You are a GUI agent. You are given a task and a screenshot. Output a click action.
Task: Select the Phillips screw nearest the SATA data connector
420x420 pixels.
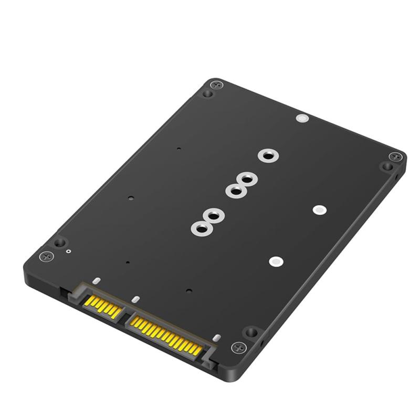(x=47, y=257)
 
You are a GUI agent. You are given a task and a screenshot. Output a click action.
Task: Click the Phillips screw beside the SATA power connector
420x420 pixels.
(x=239, y=347)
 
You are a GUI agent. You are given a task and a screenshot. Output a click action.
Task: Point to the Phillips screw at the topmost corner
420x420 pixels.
(x=215, y=85)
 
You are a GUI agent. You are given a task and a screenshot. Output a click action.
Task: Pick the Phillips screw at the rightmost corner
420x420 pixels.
(x=395, y=157)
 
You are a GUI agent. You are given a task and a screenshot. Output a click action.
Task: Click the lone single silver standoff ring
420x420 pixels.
(x=268, y=155)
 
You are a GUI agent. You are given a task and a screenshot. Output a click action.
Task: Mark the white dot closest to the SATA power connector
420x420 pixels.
(x=276, y=261)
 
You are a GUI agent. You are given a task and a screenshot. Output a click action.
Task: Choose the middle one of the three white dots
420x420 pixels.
(x=318, y=209)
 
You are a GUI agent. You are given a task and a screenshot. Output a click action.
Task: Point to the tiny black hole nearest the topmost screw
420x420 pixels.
(x=179, y=149)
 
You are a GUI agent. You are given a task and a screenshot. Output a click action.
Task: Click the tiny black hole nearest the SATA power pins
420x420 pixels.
(x=189, y=290)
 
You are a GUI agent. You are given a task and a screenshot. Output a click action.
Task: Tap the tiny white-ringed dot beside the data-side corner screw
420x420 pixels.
(x=69, y=251)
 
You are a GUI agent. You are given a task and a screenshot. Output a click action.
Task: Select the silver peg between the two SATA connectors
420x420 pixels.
(x=136, y=300)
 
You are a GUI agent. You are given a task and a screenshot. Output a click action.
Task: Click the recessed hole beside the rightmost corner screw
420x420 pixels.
(x=387, y=166)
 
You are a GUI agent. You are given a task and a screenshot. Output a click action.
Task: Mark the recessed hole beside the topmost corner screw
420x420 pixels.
(x=208, y=94)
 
